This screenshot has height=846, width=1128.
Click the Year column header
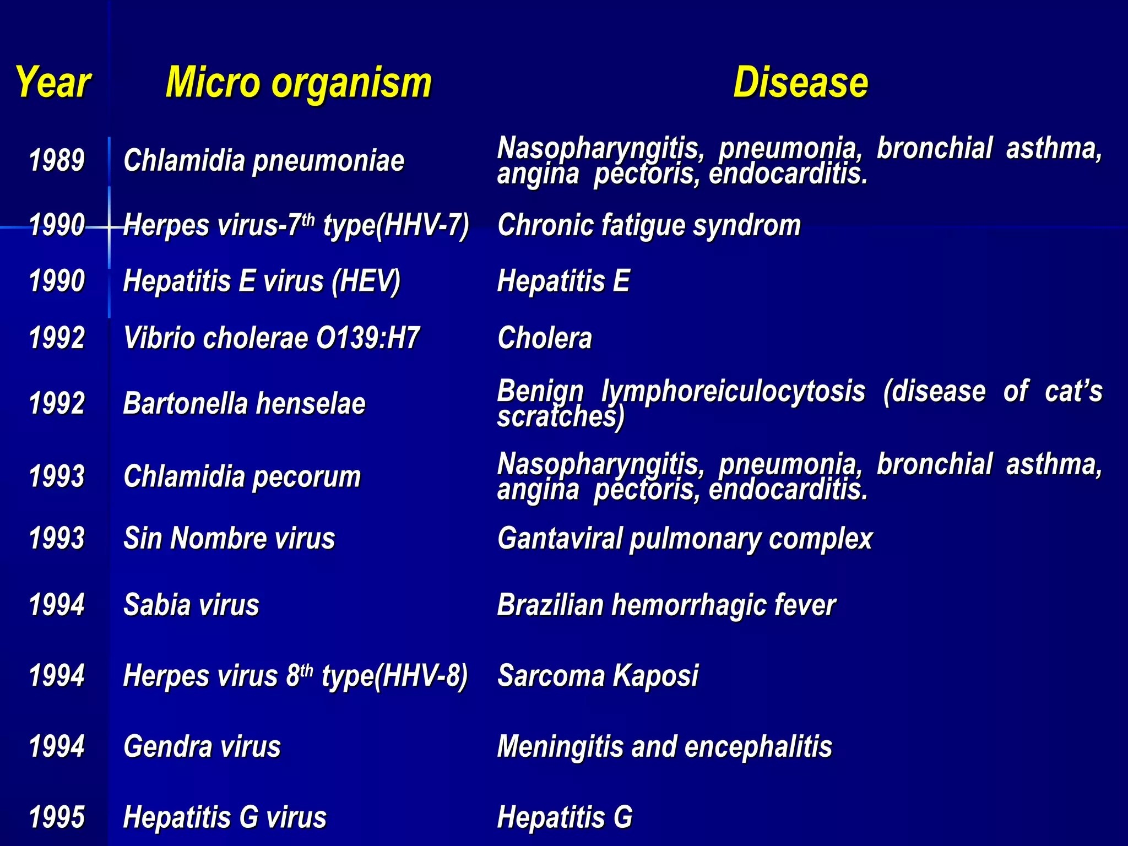click(53, 83)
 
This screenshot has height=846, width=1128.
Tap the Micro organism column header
click(299, 83)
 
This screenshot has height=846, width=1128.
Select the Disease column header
click(800, 83)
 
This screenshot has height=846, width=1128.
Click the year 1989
click(57, 161)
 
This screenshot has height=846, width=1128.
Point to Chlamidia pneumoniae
click(263, 161)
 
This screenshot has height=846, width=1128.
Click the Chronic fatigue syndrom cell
click(649, 225)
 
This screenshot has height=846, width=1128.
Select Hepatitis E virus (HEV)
click(262, 281)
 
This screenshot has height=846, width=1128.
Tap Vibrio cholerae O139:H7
click(272, 338)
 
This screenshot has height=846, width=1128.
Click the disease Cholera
click(544, 338)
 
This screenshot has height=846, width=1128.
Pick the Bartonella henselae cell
click(244, 403)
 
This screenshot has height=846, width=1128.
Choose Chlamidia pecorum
click(242, 476)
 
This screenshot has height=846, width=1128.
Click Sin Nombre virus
click(229, 538)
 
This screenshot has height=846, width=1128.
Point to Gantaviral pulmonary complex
click(685, 538)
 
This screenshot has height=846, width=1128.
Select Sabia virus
click(191, 605)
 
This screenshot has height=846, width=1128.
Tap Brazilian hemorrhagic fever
click(666, 605)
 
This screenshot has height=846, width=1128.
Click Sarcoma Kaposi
click(598, 675)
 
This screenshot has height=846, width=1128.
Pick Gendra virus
click(202, 747)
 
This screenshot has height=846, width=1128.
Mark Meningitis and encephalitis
click(664, 747)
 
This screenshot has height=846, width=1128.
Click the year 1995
click(57, 817)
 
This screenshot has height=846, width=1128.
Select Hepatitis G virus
click(225, 817)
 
